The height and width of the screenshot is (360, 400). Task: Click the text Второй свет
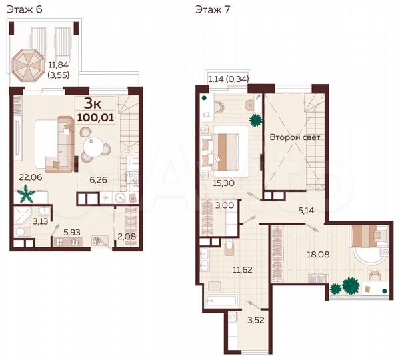(x=295, y=138)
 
